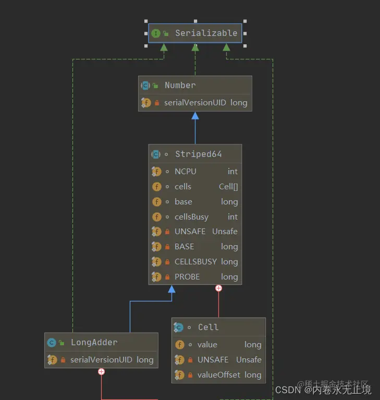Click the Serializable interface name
tap(206, 33)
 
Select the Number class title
tap(180, 86)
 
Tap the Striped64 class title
tap(198, 154)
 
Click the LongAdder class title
tap(94, 343)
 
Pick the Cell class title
tap(208, 328)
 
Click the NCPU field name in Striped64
tap(186, 172)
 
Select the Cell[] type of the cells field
tap(228, 187)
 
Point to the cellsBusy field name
tap(191, 217)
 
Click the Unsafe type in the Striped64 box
tap(225, 232)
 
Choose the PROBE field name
tap(187, 277)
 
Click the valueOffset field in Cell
tap(219, 375)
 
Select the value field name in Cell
tap(207, 345)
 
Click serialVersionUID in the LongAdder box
tap(101, 360)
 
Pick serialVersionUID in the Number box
tap(195, 103)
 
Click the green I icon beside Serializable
tap(155, 33)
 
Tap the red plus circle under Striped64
tap(218, 288)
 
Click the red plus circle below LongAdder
tap(101, 372)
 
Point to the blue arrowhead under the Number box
tap(195, 116)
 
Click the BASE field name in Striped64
tap(184, 247)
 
